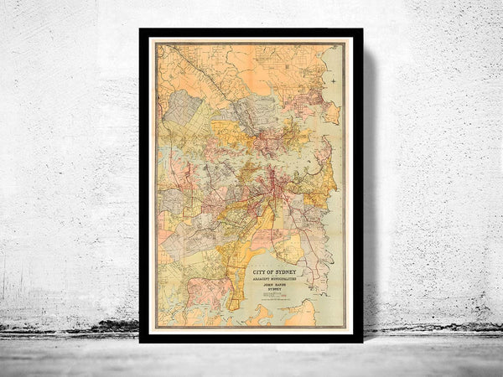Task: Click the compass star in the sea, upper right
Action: click(x=333, y=80)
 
